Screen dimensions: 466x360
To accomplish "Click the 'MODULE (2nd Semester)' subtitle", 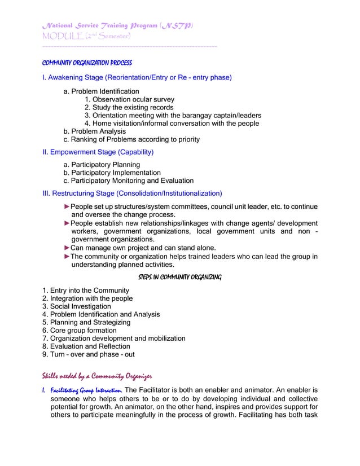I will (x=87, y=36).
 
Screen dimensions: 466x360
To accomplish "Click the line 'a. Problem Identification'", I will (x=101, y=91).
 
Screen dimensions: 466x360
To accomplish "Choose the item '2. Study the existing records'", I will (x=129, y=107).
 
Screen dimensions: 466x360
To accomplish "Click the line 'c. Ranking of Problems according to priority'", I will (x=131, y=139).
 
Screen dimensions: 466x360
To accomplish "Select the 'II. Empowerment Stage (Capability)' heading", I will (x=98, y=152).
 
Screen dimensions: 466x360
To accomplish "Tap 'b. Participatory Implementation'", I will (x=112, y=173).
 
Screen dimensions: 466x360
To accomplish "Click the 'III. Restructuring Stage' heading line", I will (x=133, y=194).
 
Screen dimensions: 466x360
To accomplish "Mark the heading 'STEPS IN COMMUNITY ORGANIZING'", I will (x=179, y=277).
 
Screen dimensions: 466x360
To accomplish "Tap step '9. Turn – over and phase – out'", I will (x=89, y=354).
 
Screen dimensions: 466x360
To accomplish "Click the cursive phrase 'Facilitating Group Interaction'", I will (x=85, y=390).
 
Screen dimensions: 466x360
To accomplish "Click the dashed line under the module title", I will (x=130, y=46).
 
